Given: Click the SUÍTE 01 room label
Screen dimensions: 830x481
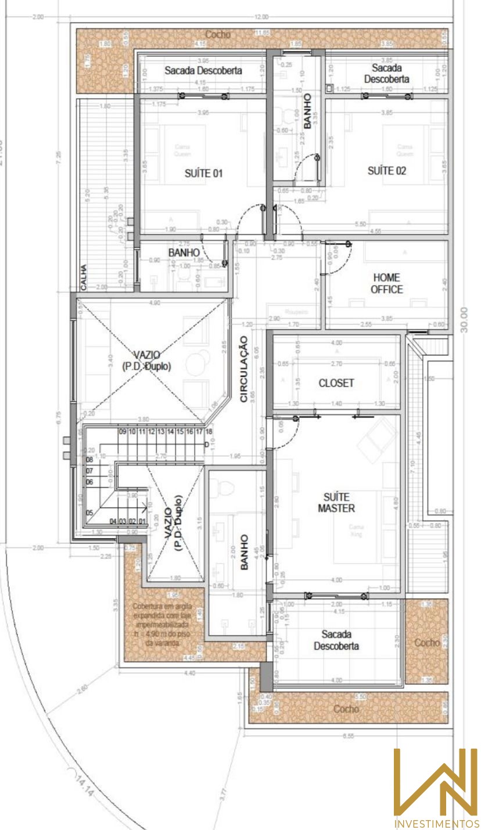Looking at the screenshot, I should click(x=203, y=173).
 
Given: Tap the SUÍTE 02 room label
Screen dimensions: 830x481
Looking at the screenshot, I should click(x=387, y=171).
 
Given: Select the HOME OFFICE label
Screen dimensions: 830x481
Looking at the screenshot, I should click(x=387, y=284).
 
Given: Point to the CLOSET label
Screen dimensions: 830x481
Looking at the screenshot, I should click(x=336, y=383).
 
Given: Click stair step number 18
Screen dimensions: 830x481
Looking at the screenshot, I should click(x=209, y=432).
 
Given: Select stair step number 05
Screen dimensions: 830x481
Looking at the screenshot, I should click(x=90, y=513).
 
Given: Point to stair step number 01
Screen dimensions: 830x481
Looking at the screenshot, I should click(x=142, y=522).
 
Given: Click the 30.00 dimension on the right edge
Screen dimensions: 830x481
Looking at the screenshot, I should click(x=464, y=320).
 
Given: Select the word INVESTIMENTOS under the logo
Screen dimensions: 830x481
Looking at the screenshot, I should click(x=436, y=824).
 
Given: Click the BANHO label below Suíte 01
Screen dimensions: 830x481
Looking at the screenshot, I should click(x=184, y=253).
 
